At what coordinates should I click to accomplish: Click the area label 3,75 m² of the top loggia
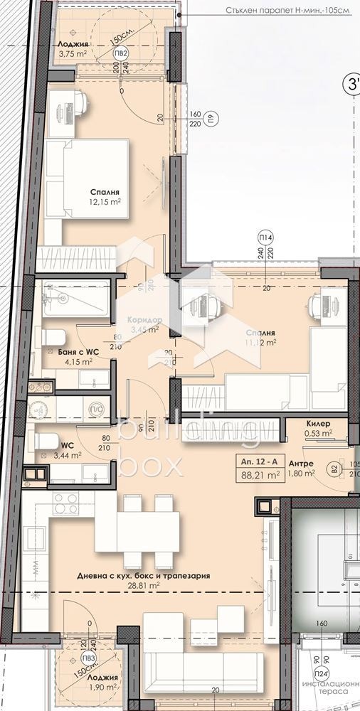[x=73, y=52]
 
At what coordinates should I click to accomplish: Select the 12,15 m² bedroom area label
[x=105, y=202]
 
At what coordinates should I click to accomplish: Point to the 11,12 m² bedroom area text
[x=260, y=342]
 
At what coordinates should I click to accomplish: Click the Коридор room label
[x=144, y=320]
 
